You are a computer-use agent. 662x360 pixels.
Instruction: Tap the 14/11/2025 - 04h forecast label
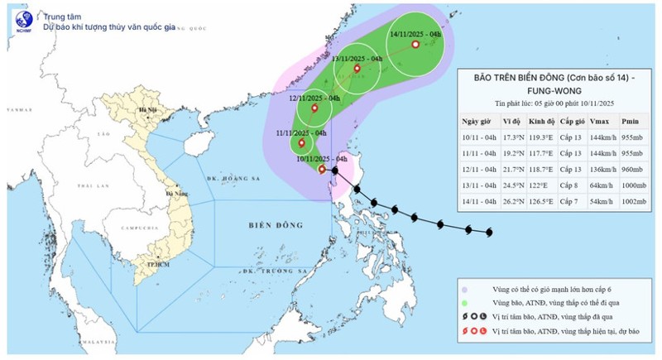pyautogui.click(x=415, y=35)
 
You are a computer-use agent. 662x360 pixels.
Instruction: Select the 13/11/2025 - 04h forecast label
pyautogui.click(x=357, y=60)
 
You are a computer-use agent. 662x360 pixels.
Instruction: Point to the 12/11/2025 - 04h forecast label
pyautogui.click(x=314, y=98)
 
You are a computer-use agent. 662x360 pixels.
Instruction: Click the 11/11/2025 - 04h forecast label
pyautogui.click(x=302, y=132)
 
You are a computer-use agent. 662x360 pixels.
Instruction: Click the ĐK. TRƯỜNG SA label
pyautogui.click(x=276, y=271)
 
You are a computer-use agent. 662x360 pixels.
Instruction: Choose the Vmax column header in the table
pyautogui.click(x=598, y=121)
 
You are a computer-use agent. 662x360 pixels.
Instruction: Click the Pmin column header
pyautogui.click(x=632, y=121)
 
